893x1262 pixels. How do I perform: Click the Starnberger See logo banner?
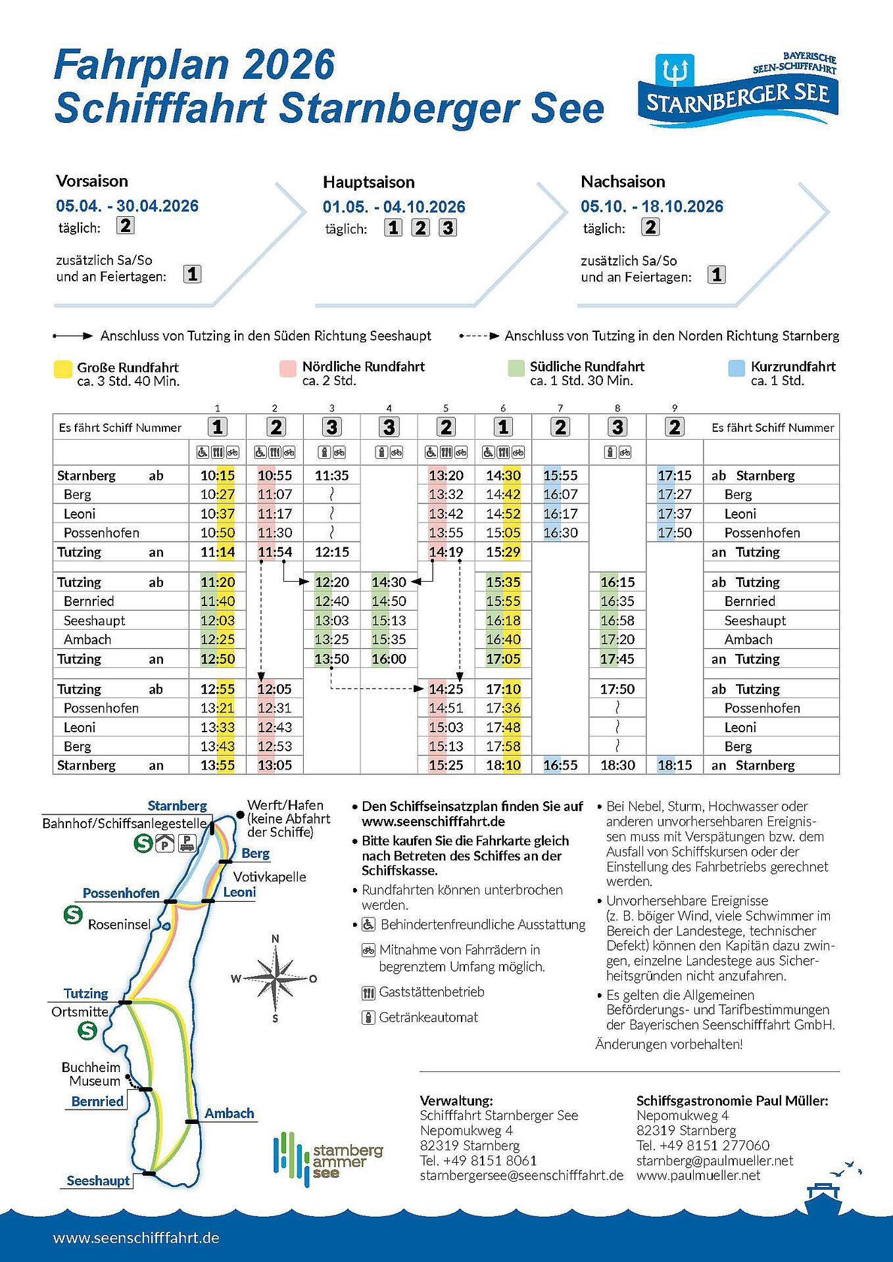click(737, 91)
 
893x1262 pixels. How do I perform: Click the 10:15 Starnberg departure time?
click(218, 475)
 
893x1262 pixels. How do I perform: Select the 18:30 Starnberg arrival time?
click(617, 765)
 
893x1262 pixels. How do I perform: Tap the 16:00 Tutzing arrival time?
click(389, 659)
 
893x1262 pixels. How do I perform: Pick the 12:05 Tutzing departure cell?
click(275, 689)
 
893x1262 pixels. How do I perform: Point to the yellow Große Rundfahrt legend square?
click(62, 369)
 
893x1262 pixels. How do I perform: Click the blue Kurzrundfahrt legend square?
click(737, 368)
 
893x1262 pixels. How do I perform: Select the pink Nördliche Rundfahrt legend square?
click(287, 368)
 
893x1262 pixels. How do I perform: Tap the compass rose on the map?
click(276, 977)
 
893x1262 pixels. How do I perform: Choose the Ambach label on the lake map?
click(229, 1113)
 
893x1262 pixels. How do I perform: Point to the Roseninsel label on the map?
click(119, 924)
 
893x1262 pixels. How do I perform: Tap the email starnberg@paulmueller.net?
click(715, 1161)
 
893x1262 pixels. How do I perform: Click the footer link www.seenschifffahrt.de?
click(136, 1238)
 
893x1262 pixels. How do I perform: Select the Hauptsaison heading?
click(368, 182)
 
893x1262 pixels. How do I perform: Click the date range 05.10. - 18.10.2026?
click(652, 206)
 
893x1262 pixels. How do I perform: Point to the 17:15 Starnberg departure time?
click(674, 475)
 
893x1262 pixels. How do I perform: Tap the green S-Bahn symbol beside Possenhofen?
click(72, 914)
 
